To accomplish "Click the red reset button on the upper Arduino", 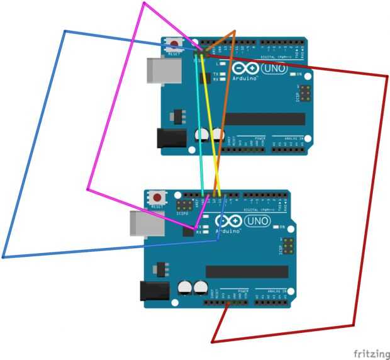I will (x=172, y=45).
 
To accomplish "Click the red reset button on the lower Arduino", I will (x=157, y=197).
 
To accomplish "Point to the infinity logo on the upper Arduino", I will (x=243, y=67).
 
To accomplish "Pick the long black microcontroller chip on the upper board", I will (x=265, y=119).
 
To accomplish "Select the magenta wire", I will (x=113, y=101).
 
